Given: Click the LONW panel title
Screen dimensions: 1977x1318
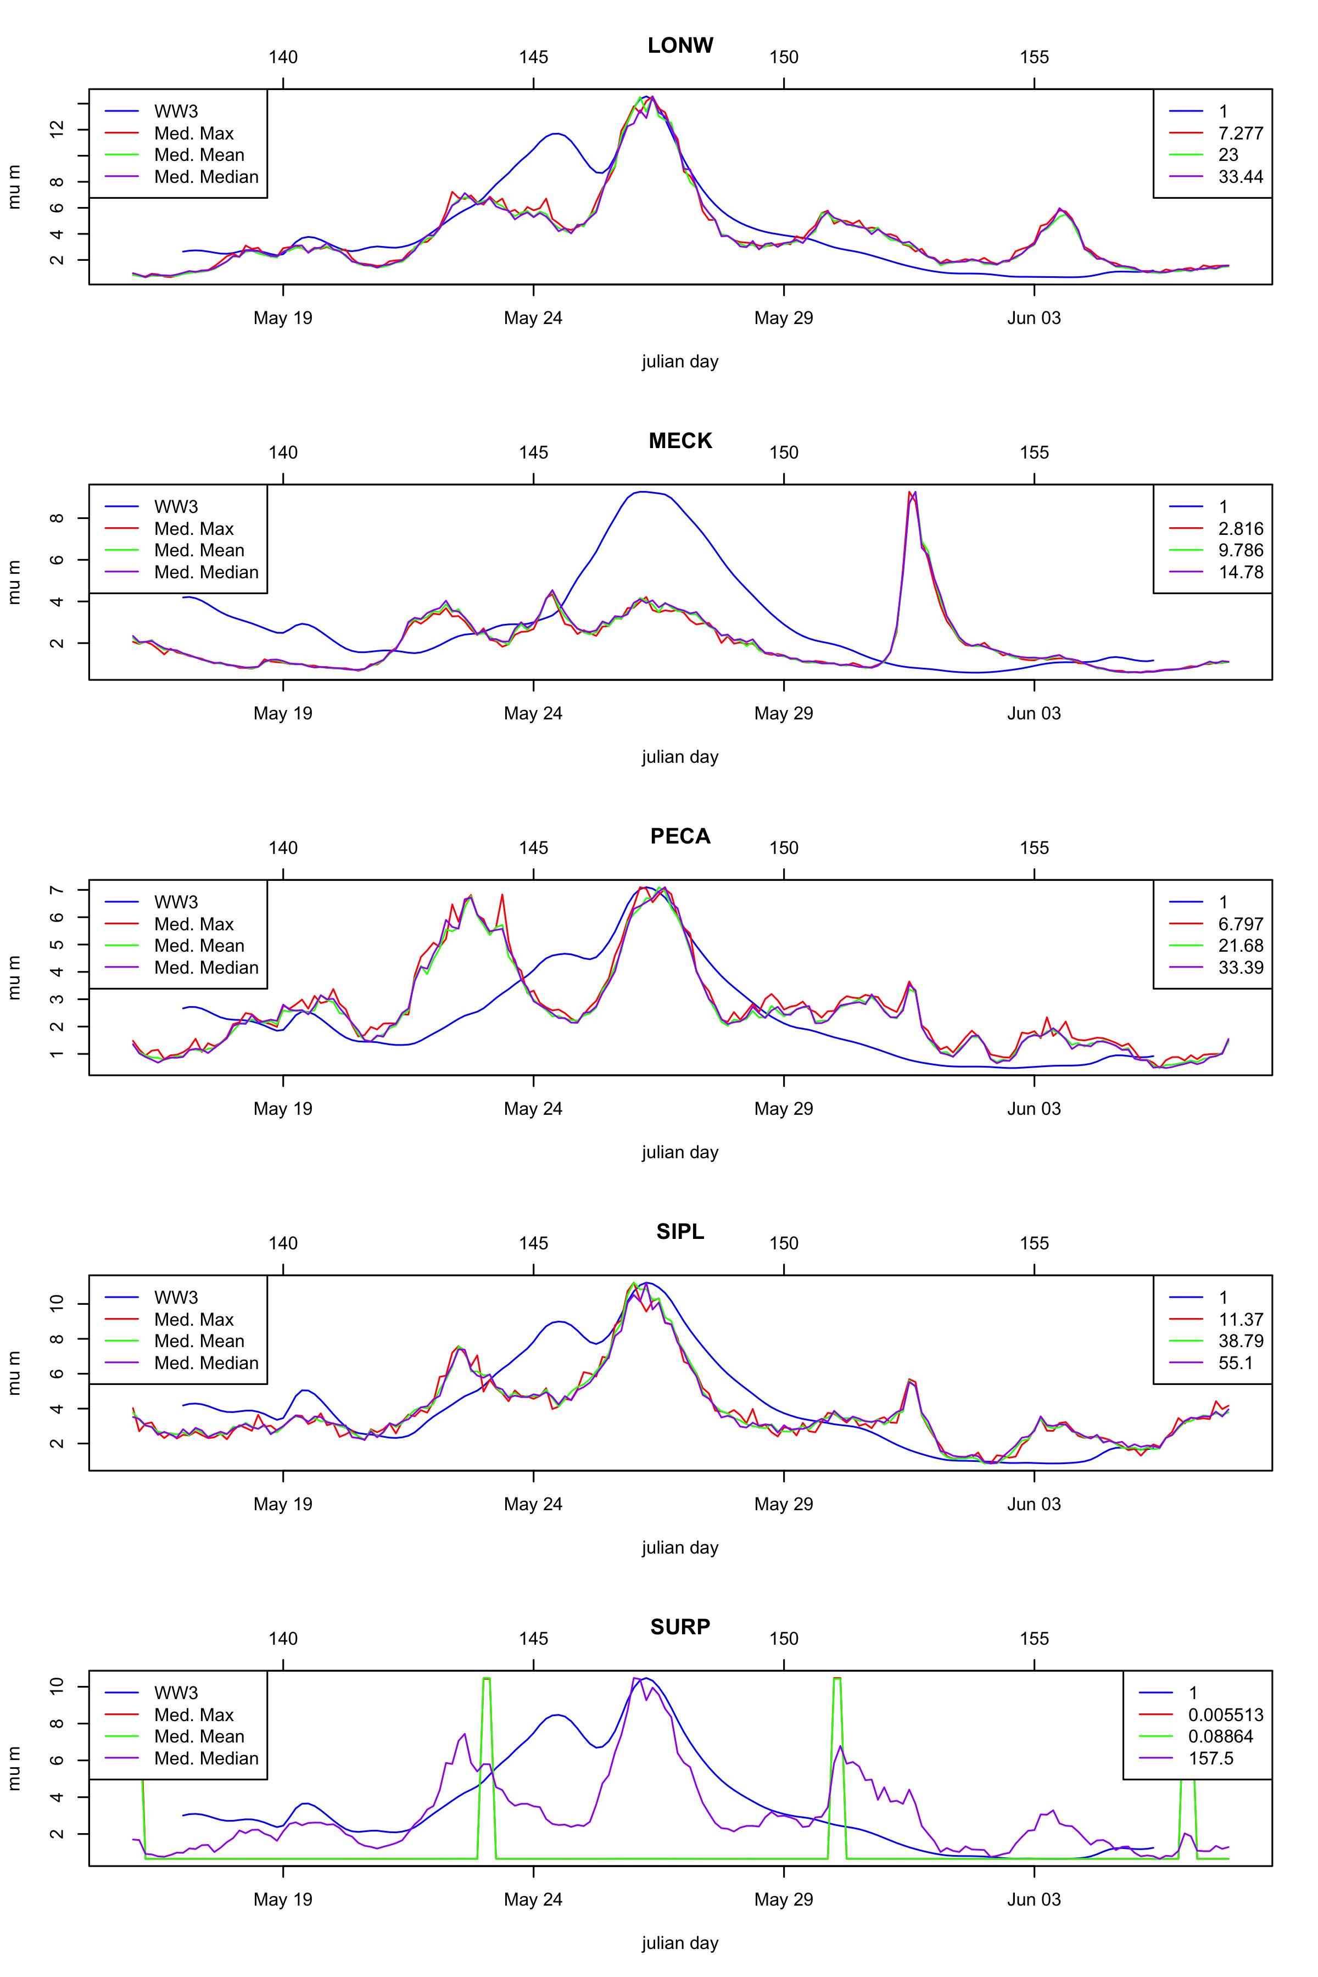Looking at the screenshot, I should [x=680, y=46].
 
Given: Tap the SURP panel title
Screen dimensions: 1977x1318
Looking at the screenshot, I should [x=680, y=1627].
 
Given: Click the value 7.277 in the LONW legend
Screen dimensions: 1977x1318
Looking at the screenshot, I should [x=1241, y=133].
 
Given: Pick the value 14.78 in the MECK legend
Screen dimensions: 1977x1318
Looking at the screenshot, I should [x=1241, y=572].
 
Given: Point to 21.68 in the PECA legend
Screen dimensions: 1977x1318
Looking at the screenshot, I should [x=1241, y=946].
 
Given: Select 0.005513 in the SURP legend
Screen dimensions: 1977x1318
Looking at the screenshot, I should [x=1226, y=1714].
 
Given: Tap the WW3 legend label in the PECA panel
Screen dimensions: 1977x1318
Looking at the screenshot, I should [x=176, y=902].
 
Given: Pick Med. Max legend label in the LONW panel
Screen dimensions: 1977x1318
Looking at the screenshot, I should [x=193, y=133].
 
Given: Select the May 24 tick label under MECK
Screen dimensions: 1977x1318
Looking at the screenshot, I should [x=533, y=713].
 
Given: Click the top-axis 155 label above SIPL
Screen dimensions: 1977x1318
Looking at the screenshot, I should [x=1034, y=1243].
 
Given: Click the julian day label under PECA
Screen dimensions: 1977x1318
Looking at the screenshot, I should [x=680, y=1152].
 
